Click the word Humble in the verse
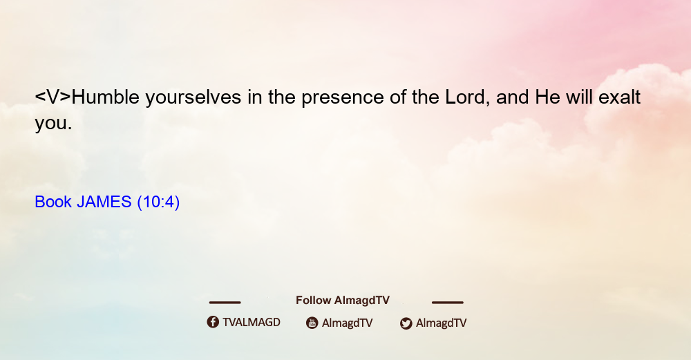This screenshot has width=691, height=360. tap(106, 97)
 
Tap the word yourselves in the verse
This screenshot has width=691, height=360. tap(193, 99)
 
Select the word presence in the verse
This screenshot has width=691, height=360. tap(343, 99)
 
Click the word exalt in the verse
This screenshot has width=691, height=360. tap(619, 97)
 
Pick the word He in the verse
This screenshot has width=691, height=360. tap(548, 97)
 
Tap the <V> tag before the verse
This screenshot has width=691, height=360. tap(53, 97)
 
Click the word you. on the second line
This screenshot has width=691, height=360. tap(53, 124)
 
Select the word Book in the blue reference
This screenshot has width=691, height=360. tap(53, 202)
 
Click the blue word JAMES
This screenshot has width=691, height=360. tap(104, 202)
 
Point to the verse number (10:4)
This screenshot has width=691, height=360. tap(158, 202)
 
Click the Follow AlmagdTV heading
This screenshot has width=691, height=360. tap(343, 300)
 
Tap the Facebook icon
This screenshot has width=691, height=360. tap(213, 322)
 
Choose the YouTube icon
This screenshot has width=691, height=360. tap(312, 323)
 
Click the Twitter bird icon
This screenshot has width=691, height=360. tap(406, 323)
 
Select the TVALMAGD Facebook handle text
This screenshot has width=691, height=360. tap(252, 322)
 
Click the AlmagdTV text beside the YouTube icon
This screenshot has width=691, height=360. tap(348, 323)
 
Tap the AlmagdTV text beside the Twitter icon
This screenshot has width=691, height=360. tap(441, 323)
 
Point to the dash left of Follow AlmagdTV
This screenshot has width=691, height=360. tap(225, 302)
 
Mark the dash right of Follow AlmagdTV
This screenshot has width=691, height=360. tap(448, 302)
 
